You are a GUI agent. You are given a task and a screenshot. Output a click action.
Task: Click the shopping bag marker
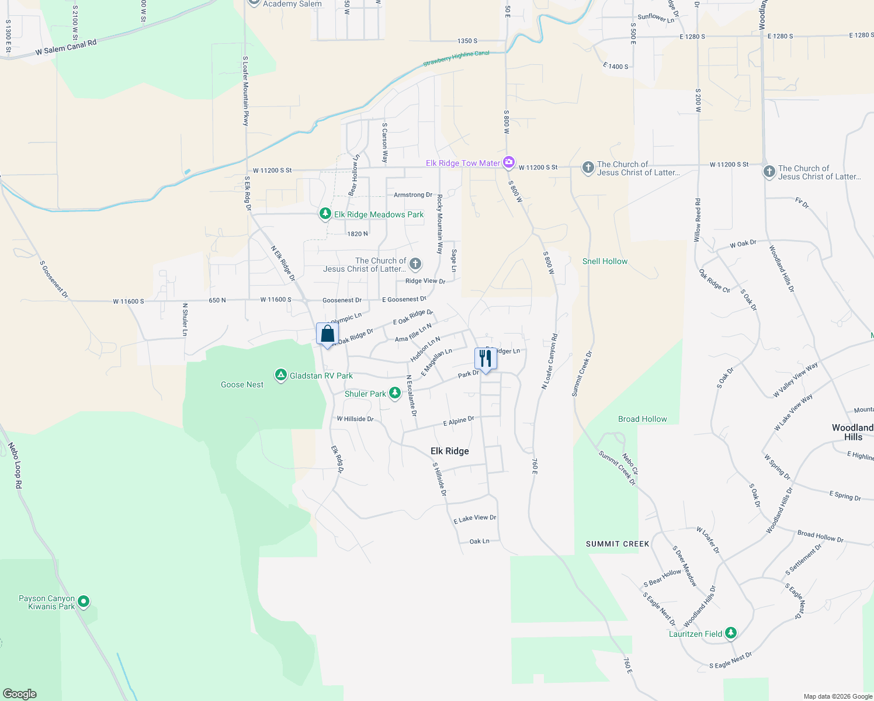pyautogui.click(x=327, y=334)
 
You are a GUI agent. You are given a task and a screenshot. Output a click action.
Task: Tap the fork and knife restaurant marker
pyautogui.click(x=485, y=358)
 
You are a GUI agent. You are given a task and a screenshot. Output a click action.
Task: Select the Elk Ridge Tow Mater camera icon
pyautogui.click(x=509, y=162)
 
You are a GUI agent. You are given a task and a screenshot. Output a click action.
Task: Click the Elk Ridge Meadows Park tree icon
pyautogui.click(x=325, y=214)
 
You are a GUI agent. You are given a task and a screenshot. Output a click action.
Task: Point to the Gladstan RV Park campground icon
pyautogui.click(x=281, y=375)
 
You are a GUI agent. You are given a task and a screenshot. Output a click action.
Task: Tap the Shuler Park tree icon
pyautogui.click(x=395, y=393)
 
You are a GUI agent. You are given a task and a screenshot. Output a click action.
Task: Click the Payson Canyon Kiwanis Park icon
pyautogui.click(x=84, y=601)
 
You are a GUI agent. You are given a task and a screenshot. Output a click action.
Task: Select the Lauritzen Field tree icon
pyautogui.click(x=731, y=633)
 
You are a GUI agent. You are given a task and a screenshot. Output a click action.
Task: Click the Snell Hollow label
pyautogui.click(x=605, y=261)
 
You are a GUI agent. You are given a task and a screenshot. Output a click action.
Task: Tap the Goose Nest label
pyautogui.click(x=242, y=384)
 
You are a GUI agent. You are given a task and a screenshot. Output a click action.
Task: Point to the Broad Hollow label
pyautogui.click(x=642, y=419)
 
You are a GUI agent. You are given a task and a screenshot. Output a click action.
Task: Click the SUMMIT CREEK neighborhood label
pyautogui.click(x=618, y=544)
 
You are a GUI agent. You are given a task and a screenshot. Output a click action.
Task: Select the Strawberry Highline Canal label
pyautogui.click(x=456, y=58)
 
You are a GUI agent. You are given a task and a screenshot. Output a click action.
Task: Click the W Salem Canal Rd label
pyautogui.click(x=65, y=47)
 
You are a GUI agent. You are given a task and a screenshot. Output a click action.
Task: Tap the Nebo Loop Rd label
pyautogui.click(x=15, y=466)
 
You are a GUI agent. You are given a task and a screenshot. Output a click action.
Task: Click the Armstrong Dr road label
pyautogui.click(x=413, y=195)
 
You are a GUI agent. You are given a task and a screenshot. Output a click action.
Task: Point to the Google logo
pyautogui.click(x=20, y=693)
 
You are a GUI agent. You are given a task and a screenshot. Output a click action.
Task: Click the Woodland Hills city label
pyautogui.click(x=852, y=432)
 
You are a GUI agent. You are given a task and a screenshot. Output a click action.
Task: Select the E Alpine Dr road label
pyautogui.click(x=459, y=421)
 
